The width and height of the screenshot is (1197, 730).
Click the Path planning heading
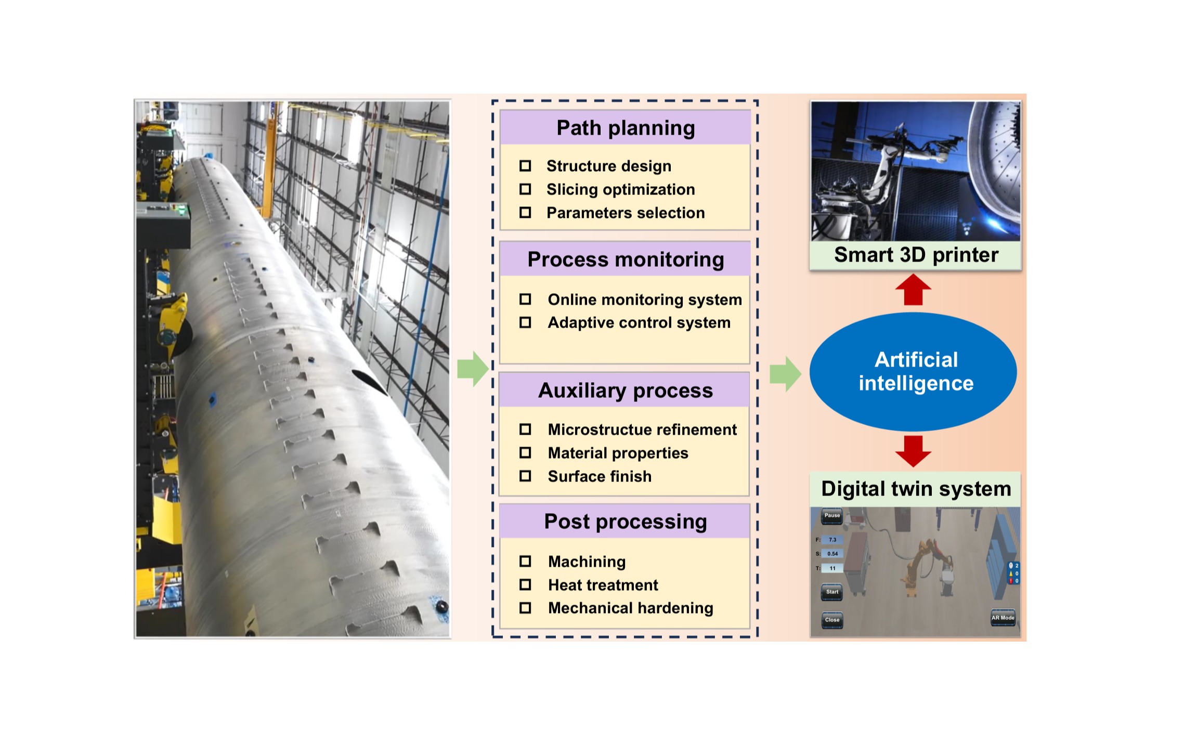coord(626,128)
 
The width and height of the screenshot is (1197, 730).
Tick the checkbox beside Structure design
coord(525,166)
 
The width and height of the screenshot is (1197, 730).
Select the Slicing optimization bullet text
coord(620,190)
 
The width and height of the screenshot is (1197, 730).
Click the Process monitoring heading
coord(626,259)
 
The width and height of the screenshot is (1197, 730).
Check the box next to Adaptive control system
coord(525,322)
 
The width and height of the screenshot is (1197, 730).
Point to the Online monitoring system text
coord(645,299)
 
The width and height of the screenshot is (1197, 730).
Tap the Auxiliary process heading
coord(626,390)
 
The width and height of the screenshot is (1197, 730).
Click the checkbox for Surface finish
coord(525,476)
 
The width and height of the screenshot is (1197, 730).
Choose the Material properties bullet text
coord(618,453)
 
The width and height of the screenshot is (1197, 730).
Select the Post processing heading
coord(626,522)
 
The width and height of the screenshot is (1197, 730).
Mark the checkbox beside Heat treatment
coord(525,585)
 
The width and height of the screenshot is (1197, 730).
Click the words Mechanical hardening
coord(630,608)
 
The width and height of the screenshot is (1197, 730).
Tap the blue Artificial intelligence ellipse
coord(914,372)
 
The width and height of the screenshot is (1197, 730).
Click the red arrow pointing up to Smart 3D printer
coord(914,290)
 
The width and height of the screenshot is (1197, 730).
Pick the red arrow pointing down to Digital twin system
coord(914,451)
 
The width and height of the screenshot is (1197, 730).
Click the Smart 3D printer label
coord(916,255)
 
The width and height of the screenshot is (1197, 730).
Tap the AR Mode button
coord(1003,618)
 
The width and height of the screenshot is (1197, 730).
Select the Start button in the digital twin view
coord(832,592)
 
